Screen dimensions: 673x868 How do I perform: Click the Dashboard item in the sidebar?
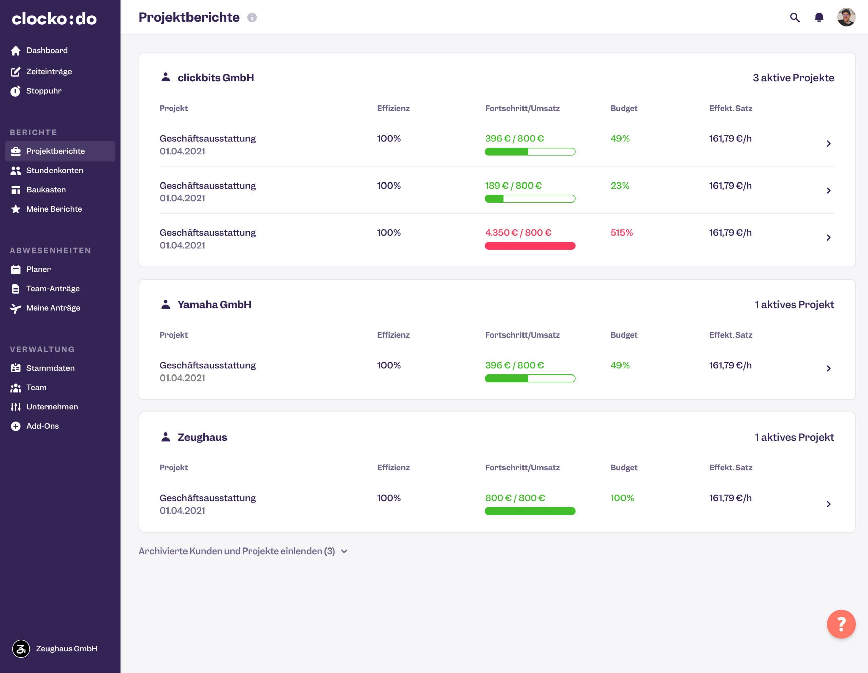tap(46, 51)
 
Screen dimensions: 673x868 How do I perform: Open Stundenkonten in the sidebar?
tap(55, 171)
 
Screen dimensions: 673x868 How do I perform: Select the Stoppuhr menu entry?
tap(44, 91)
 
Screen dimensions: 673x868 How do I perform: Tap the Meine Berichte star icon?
tap(16, 209)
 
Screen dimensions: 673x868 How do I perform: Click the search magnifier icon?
tap(794, 18)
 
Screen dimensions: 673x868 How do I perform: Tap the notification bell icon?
tap(819, 18)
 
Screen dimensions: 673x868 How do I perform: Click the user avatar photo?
tap(846, 18)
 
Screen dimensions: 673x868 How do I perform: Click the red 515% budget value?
tap(621, 233)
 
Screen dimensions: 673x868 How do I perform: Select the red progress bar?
tap(530, 246)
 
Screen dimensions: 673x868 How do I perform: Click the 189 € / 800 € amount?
tap(513, 186)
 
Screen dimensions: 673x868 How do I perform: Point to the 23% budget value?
tap(619, 186)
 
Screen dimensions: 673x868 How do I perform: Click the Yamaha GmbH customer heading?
tap(214, 305)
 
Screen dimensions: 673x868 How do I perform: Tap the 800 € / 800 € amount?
tap(515, 498)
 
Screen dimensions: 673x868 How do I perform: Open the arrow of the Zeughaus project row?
tap(828, 504)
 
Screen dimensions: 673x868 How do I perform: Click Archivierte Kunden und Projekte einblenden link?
tap(237, 551)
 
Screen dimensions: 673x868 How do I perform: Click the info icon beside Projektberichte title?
tap(252, 18)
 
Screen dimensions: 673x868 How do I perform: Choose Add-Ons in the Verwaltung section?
tap(42, 426)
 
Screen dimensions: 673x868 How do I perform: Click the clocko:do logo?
tap(54, 19)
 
